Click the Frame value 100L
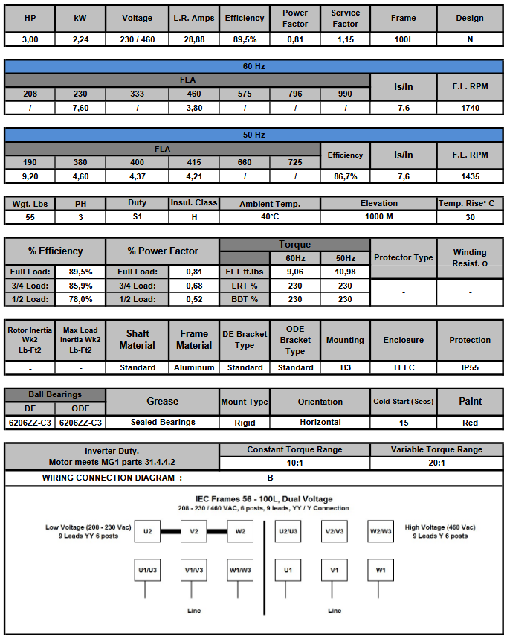pyautogui.click(x=403, y=39)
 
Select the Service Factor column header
pyautogui.click(x=345, y=18)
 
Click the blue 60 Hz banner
pyautogui.click(x=253, y=66)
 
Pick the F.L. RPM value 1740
pyautogui.click(x=470, y=108)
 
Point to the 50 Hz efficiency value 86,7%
pyautogui.click(x=345, y=176)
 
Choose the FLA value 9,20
pyautogui.click(x=30, y=176)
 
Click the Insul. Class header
pyautogui.click(x=193, y=203)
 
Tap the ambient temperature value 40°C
pyautogui.click(x=270, y=217)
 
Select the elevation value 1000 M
pyautogui.click(x=379, y=217)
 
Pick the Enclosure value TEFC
pyautogui.click(x=403, y=367)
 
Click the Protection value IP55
pyautogui.click(x=470, y=367)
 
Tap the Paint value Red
pyautogui.click(x=470, y=422)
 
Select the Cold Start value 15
pyautogui.click(x=403, y=422)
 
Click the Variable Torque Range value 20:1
pyautogui.click(x=436, y=463)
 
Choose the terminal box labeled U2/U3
pyautogui.click(x=288, y=531)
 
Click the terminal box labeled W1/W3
pyautogui.click(x=241, y=570)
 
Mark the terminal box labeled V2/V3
pyautogui.click(x=335, y=531)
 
